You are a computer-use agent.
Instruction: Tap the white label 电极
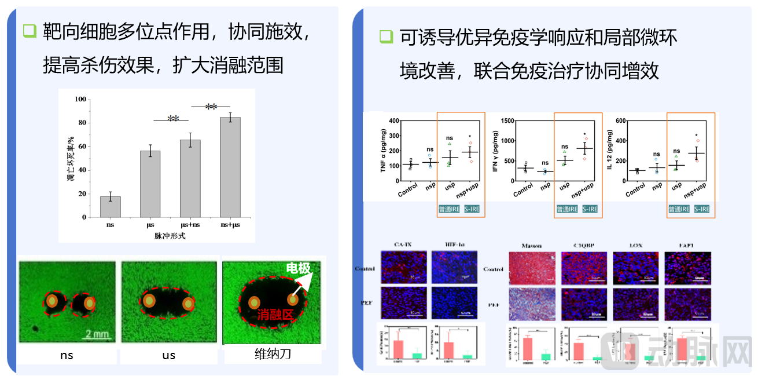tap(299, 268)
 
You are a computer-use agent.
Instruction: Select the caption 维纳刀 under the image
tap(273, 353)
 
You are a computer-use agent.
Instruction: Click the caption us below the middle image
tap(168, 355)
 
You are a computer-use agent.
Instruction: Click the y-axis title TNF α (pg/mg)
tap(383, 151)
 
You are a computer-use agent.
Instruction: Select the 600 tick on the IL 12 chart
tap(619, 121)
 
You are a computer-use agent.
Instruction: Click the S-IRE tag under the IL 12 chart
tap(701, 209)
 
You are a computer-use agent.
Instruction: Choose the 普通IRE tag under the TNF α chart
tap(451, 209)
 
